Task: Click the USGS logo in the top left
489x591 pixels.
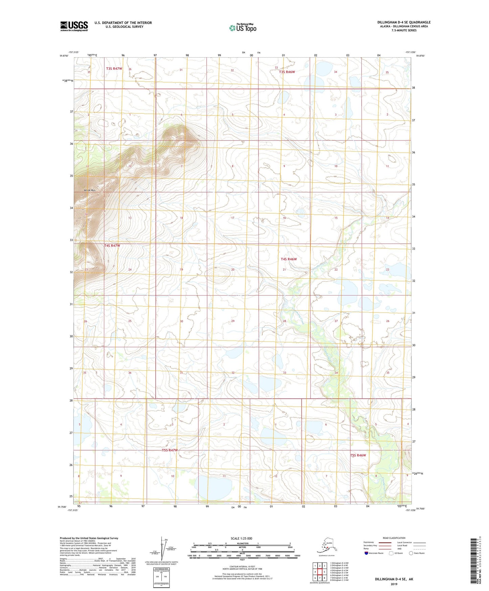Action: [74, 26]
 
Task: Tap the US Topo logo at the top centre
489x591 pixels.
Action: [243, 28]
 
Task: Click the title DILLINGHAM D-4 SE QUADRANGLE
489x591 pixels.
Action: [404, 22]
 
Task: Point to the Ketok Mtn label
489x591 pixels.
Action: [90, 191]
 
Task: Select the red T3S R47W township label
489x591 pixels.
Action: [114, 69]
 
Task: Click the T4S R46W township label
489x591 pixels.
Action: [289, 259]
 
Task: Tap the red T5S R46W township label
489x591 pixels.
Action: [358, 455]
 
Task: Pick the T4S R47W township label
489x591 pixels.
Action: [112, 246]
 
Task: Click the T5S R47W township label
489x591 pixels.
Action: [170, 450]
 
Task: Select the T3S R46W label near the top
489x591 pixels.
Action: [287, 72]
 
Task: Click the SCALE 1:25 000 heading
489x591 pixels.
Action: [241, 538]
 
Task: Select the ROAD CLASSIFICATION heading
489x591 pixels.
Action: [394, 538]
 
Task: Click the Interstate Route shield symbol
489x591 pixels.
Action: [366, 553]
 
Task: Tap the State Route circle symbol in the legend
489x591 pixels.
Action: [411, 553]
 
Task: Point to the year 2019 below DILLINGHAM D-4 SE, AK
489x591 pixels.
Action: [394, 584]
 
